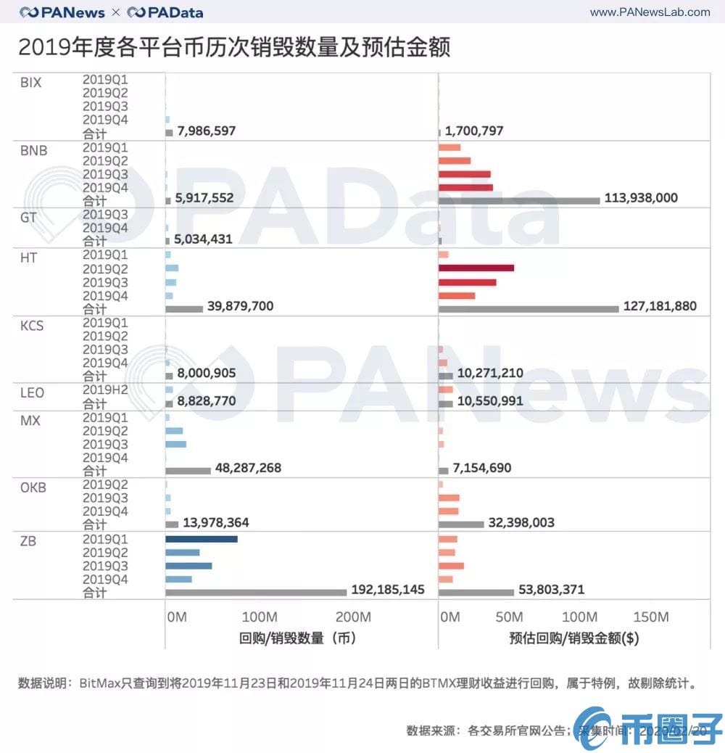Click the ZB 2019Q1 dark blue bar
click(x=202, y=539)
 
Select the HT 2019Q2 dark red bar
click(x=476, y=268)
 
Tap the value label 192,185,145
click(x=388, y=590)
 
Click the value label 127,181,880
click(x=660, y=306)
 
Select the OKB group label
click(x=33, y=487)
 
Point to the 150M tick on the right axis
click(x=651, y=617)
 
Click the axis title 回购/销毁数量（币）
click(x=297, y=639)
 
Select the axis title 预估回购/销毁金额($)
click(x=573, y=639)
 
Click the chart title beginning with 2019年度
click(x=233, y=47)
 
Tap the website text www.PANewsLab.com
click(x=650, y=12)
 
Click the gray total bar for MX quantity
click(x=188, y=470)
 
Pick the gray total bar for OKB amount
click(x=461, y=524)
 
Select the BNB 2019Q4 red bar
click(x=465, y=187)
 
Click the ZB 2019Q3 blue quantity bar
click(x=188, y=566)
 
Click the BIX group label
click(x=31, y=83)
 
